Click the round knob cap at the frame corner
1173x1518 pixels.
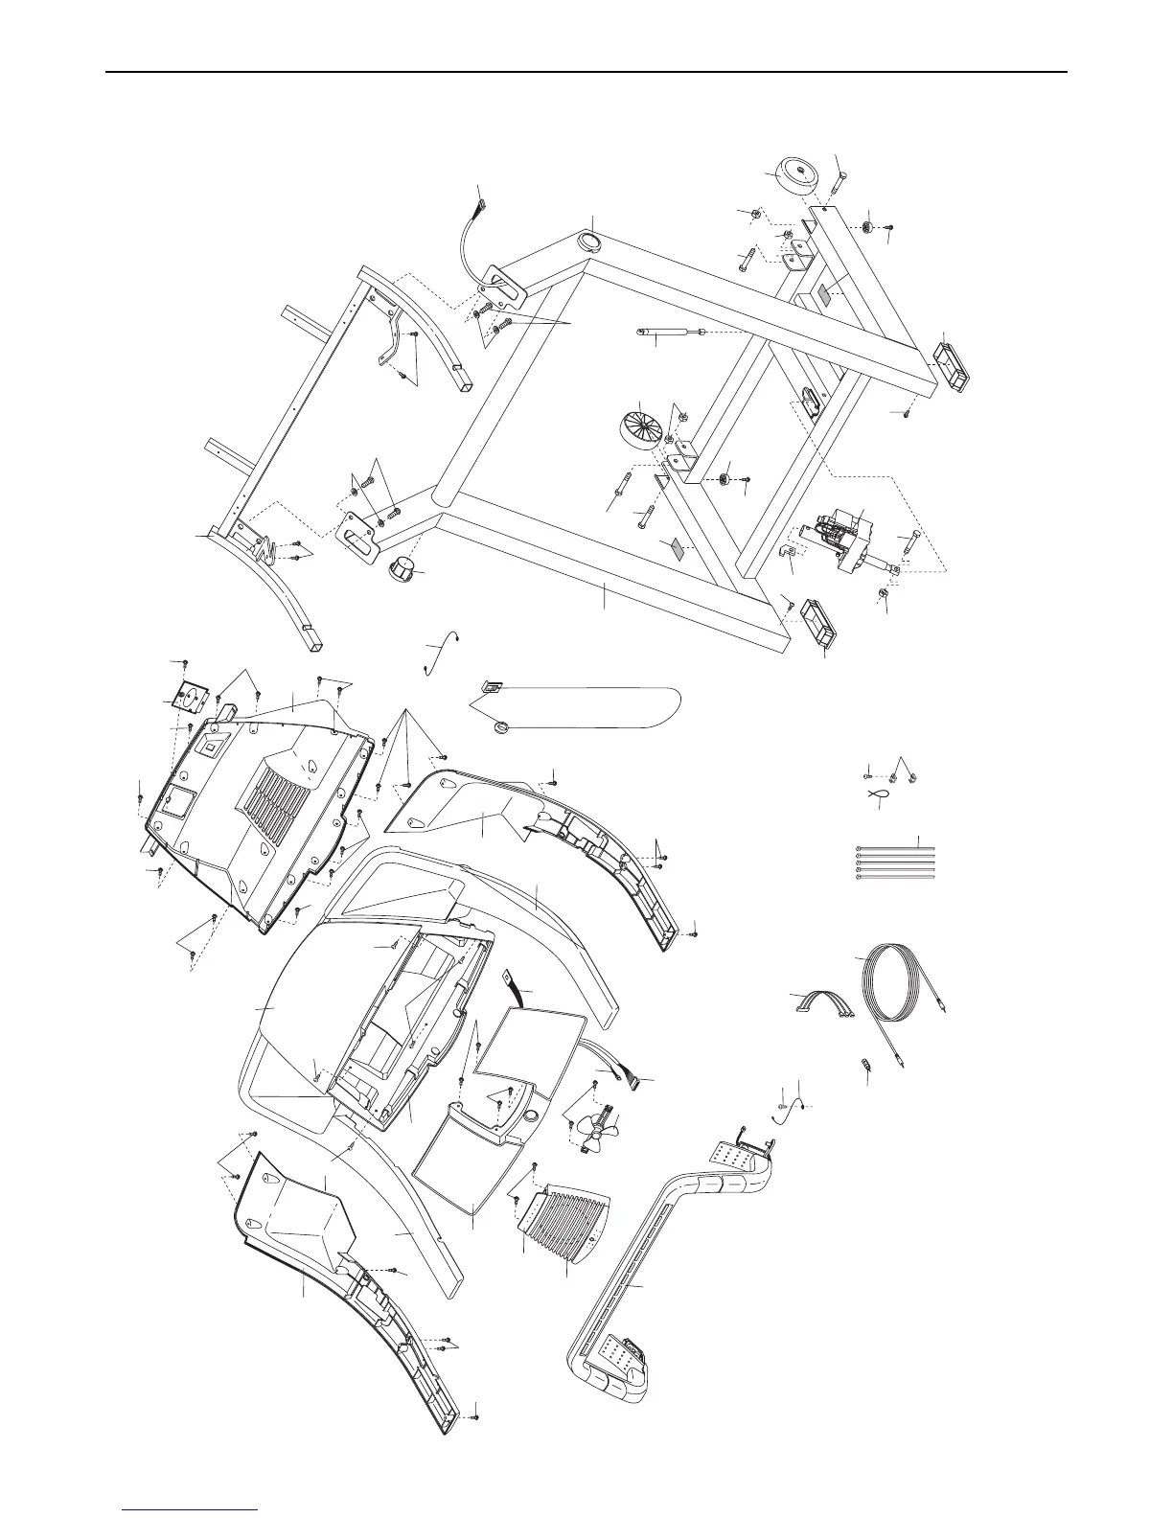coord(405,568)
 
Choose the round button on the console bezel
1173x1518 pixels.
coord(529,1117)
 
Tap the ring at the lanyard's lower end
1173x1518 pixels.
coord(502,729)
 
